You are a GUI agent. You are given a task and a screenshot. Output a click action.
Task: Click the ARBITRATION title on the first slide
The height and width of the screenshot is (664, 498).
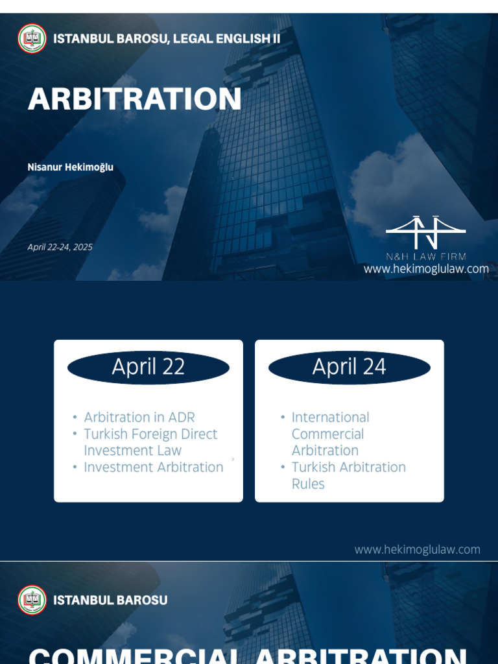[x=134, y=99]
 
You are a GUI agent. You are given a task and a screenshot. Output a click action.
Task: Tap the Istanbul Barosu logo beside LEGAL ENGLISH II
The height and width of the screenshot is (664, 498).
[x=32, y=38]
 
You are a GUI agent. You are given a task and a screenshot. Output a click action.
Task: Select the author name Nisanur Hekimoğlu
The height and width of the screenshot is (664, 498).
[x=70, y=167]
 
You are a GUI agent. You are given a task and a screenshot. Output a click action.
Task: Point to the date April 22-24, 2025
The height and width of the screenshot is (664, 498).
[x=60, y=247]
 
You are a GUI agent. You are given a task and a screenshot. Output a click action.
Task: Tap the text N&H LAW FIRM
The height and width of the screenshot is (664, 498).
[x=425, y=256]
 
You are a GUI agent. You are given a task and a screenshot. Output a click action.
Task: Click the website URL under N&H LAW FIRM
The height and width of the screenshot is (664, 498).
[x=425, y=268]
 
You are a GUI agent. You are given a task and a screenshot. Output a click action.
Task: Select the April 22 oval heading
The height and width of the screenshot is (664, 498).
[x=148, y=367]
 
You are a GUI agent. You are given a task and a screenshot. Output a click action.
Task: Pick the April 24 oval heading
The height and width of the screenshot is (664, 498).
[x=349, y=367]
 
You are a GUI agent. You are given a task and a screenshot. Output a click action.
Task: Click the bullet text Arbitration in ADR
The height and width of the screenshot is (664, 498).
[x=139, y=417]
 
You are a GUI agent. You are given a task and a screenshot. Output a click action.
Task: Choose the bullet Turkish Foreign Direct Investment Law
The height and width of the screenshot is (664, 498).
[x=150, y=442]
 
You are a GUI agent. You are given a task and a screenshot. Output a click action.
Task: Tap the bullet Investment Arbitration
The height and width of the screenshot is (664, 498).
[x=153, y=467]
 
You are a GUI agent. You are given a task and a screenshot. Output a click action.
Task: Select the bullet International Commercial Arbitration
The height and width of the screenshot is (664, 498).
[x=329, y=434]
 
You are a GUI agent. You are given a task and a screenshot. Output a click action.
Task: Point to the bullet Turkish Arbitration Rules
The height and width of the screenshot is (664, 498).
[x=348, y=475]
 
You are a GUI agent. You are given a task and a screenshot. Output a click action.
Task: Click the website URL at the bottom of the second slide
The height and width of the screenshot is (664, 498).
[x=417, y=549]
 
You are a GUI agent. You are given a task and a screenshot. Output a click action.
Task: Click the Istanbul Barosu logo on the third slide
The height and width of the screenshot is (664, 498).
[x=32, y=600]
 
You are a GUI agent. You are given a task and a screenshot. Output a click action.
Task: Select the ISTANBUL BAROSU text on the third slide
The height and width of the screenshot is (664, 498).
[x=110, y=600]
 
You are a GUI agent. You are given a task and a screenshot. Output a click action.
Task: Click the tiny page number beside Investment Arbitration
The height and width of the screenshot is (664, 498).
[x=233, y=459]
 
